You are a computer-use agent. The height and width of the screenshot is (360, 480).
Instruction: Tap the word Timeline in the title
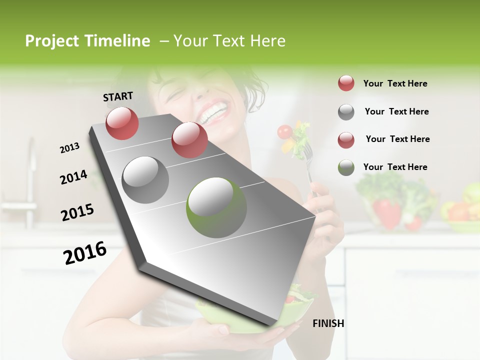click(118, 41)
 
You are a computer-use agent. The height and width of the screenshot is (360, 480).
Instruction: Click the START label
click(118, 96)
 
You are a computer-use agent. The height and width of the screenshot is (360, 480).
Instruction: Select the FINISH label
click(328, 323)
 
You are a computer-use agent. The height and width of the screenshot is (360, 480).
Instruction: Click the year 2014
click(73, 177)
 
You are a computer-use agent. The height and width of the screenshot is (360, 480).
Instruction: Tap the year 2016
click(85, 253)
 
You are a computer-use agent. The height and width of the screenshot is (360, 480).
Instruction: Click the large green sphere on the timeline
click(216, 207)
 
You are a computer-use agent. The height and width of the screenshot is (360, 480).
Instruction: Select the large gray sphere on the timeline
click(145, 180)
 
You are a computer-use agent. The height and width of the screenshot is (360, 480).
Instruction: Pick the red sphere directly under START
click(122, 123)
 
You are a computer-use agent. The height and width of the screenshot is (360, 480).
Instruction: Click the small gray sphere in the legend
click(346, 112)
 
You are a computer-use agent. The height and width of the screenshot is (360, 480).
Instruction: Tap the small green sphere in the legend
click(346, 167)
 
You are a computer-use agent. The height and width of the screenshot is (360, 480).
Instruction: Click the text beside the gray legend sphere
click(396, 111)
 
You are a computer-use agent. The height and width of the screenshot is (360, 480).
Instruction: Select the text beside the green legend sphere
click(395, 167)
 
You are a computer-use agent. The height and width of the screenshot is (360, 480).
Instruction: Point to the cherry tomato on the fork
click(284, 131)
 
